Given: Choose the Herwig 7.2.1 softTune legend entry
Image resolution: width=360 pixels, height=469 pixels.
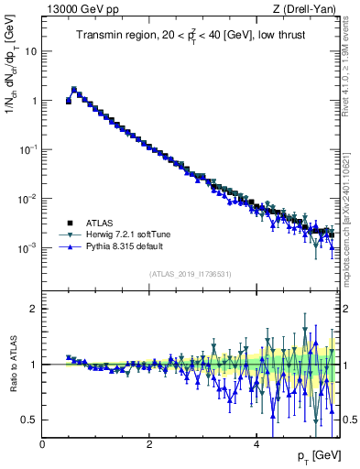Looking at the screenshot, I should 129,234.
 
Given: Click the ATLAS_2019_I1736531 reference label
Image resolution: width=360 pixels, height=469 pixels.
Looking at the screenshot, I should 190,273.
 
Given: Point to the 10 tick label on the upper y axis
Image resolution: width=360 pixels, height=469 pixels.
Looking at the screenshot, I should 30,51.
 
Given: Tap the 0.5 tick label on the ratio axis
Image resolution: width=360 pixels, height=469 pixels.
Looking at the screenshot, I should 29,420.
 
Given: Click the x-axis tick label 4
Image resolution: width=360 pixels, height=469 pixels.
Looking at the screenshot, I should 256,444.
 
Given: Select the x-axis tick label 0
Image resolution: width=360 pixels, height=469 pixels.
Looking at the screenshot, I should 42,444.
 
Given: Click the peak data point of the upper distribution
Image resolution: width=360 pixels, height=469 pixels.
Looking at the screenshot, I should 74,90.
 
